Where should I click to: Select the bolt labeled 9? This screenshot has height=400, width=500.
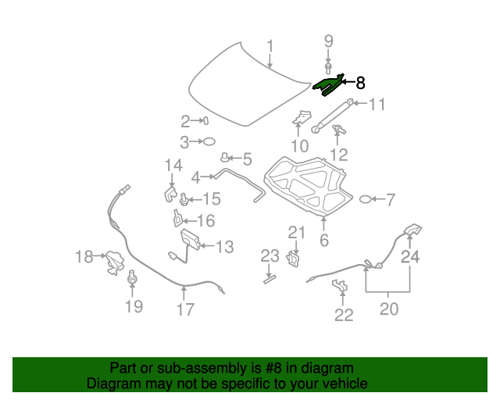coord(328,66)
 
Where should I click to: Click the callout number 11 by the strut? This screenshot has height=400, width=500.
coord(377,104)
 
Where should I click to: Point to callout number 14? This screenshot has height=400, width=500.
coord(173,165)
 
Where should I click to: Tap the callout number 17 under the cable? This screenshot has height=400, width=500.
coord(184,309)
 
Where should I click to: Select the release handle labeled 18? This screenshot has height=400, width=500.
coord(115,262)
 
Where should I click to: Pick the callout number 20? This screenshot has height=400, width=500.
coord(388,309)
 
